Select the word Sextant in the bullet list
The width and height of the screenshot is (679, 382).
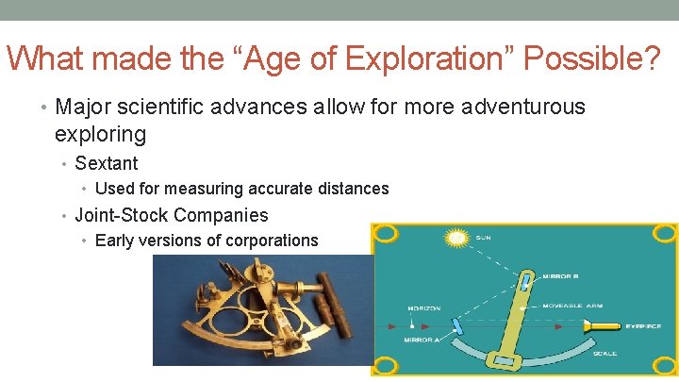(x=107, y=163)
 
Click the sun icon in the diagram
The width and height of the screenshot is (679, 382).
(x=456, y=239)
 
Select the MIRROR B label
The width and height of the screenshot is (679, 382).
(x=561, y=277)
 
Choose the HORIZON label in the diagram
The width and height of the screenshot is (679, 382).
(x=423, y=309)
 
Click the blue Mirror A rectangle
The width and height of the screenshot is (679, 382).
(x=457, y=325)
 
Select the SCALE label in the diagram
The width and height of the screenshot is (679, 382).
(x=604, y=353)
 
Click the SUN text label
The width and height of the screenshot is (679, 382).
(x=484, y=238)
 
